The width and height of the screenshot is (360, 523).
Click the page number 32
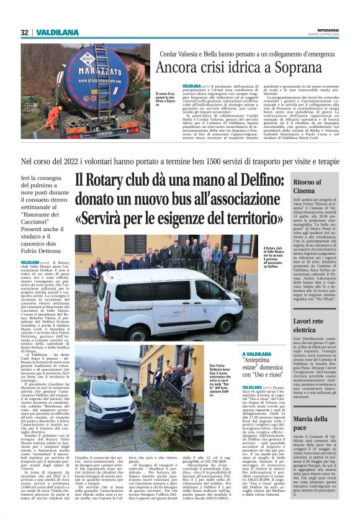click(24, 32)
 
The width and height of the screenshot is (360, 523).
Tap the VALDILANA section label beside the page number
click(56, 32)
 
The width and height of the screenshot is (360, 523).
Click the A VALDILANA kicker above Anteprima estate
click(275, 353)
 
